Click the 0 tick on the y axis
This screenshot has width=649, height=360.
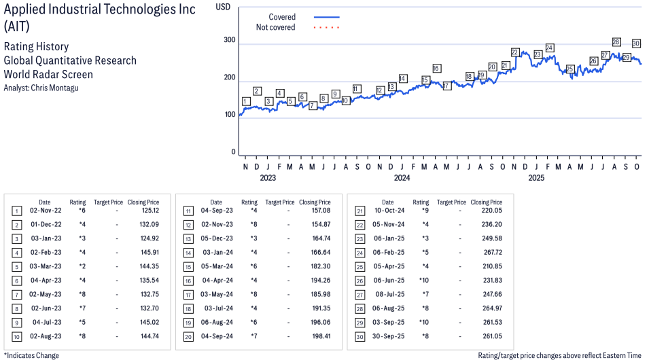click(x=233, y=152)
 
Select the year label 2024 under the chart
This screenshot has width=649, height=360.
click(x=402, y=179)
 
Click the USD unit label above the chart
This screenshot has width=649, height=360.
click(x=223, y=7)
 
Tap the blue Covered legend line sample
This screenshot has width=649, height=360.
click(x=327, y=17)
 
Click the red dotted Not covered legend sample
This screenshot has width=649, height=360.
click(x=327, y=27)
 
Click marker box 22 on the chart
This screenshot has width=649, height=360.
click(x=514, y=52)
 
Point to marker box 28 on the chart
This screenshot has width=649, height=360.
click(x=616, y=42)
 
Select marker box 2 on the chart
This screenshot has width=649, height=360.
click(x=257, y=91)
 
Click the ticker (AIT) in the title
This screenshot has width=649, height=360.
click(x=18, y=26)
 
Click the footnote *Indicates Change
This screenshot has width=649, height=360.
click(x=31, y=355)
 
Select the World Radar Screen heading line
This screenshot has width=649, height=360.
click(x=48, y=74)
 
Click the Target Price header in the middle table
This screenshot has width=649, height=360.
click(x=280, y=202)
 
